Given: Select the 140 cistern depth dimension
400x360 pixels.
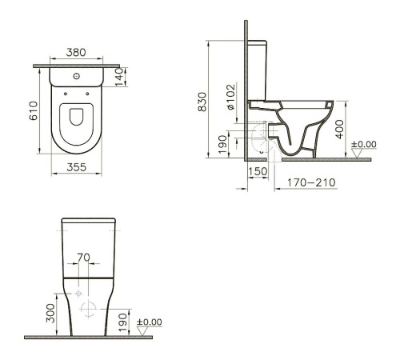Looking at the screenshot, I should [x=120, y=77].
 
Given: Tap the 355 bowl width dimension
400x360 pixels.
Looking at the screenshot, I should [x=76, y=168].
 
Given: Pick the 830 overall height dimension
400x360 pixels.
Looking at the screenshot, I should [x=205, y=101].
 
